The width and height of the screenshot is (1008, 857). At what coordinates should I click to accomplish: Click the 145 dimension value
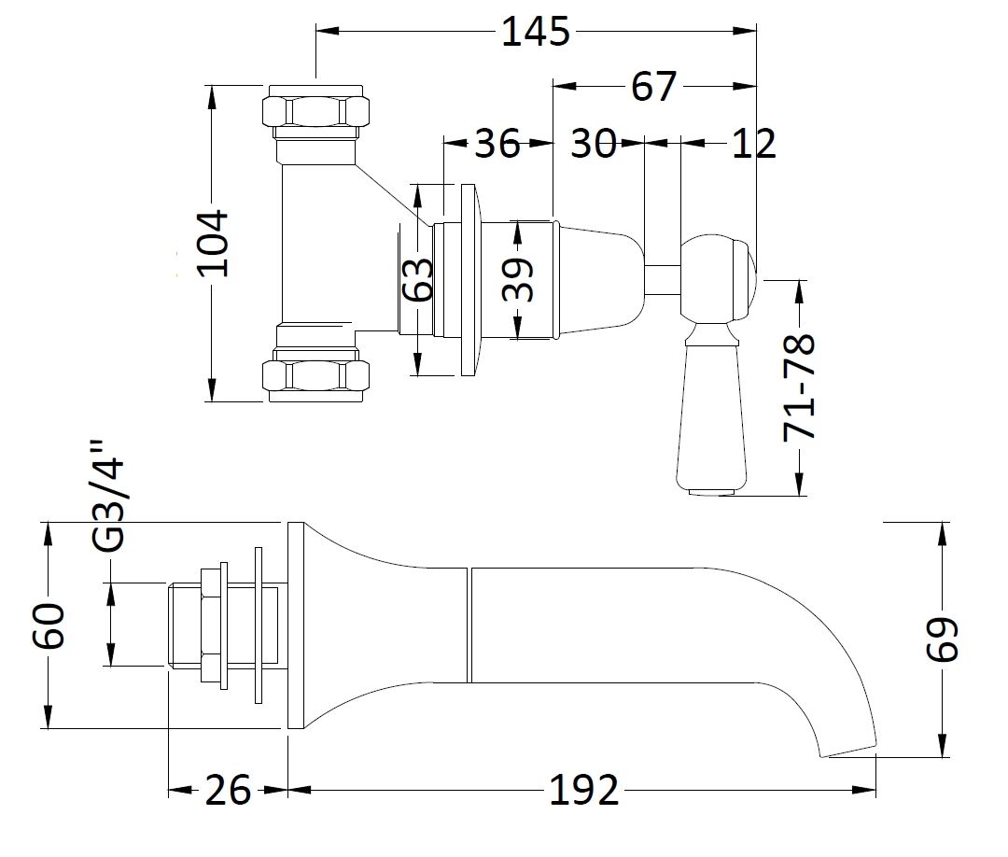(535, 32)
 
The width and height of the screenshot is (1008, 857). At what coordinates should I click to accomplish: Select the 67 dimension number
(652, 87)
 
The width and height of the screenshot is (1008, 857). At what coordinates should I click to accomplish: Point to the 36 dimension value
(497, 144)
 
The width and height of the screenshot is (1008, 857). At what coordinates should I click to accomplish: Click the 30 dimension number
(593, 144)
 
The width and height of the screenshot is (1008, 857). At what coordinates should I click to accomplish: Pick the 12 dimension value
(753, 144)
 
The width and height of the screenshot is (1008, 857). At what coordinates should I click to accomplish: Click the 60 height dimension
(49, 625)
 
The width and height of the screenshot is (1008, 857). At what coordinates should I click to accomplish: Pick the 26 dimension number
(228, 791)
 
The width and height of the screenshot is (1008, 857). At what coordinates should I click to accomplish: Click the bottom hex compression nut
(315, 376)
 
